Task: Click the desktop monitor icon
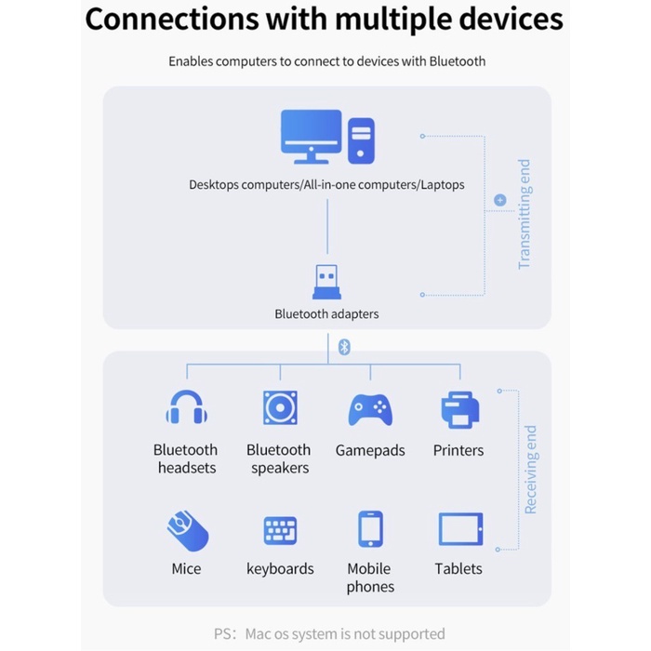click(311, 137)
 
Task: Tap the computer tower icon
click(361, 140)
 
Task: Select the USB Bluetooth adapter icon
click(326, 282)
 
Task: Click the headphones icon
click(186, 407)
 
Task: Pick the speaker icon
click(280, 407)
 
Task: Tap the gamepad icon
click(370, 410)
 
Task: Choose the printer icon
click(460, 410)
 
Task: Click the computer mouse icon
click(188, 531)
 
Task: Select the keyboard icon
click(280, 531)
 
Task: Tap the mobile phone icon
click(370, 529)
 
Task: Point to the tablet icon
click(461, 529)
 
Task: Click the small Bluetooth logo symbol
click(344, 347)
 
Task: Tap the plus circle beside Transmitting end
click(500, 200)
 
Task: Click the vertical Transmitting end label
click(525, 214)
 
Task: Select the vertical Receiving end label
click(531, 470)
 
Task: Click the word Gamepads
click(370, 450)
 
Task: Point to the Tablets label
click(458, 568)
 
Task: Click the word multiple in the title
click(393, 20)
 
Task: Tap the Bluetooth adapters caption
click(326, 314)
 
